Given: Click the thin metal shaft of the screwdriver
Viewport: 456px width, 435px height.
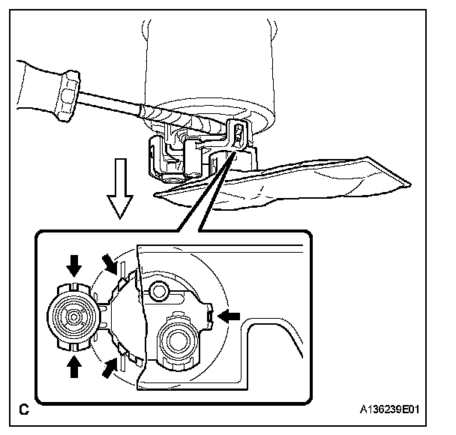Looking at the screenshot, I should click(x=112, y=104).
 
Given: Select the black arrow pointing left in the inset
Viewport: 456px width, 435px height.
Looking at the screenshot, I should click(x=229, y=316).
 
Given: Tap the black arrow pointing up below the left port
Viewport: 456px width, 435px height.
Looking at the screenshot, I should click(x=73, y=366).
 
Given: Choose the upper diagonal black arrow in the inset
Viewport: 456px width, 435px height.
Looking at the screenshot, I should click(x=110, y=264).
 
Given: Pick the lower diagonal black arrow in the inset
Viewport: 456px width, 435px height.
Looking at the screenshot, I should click(x=110, y=367).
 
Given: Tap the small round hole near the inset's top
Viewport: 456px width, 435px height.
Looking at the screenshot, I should click(x=158, y=289).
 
